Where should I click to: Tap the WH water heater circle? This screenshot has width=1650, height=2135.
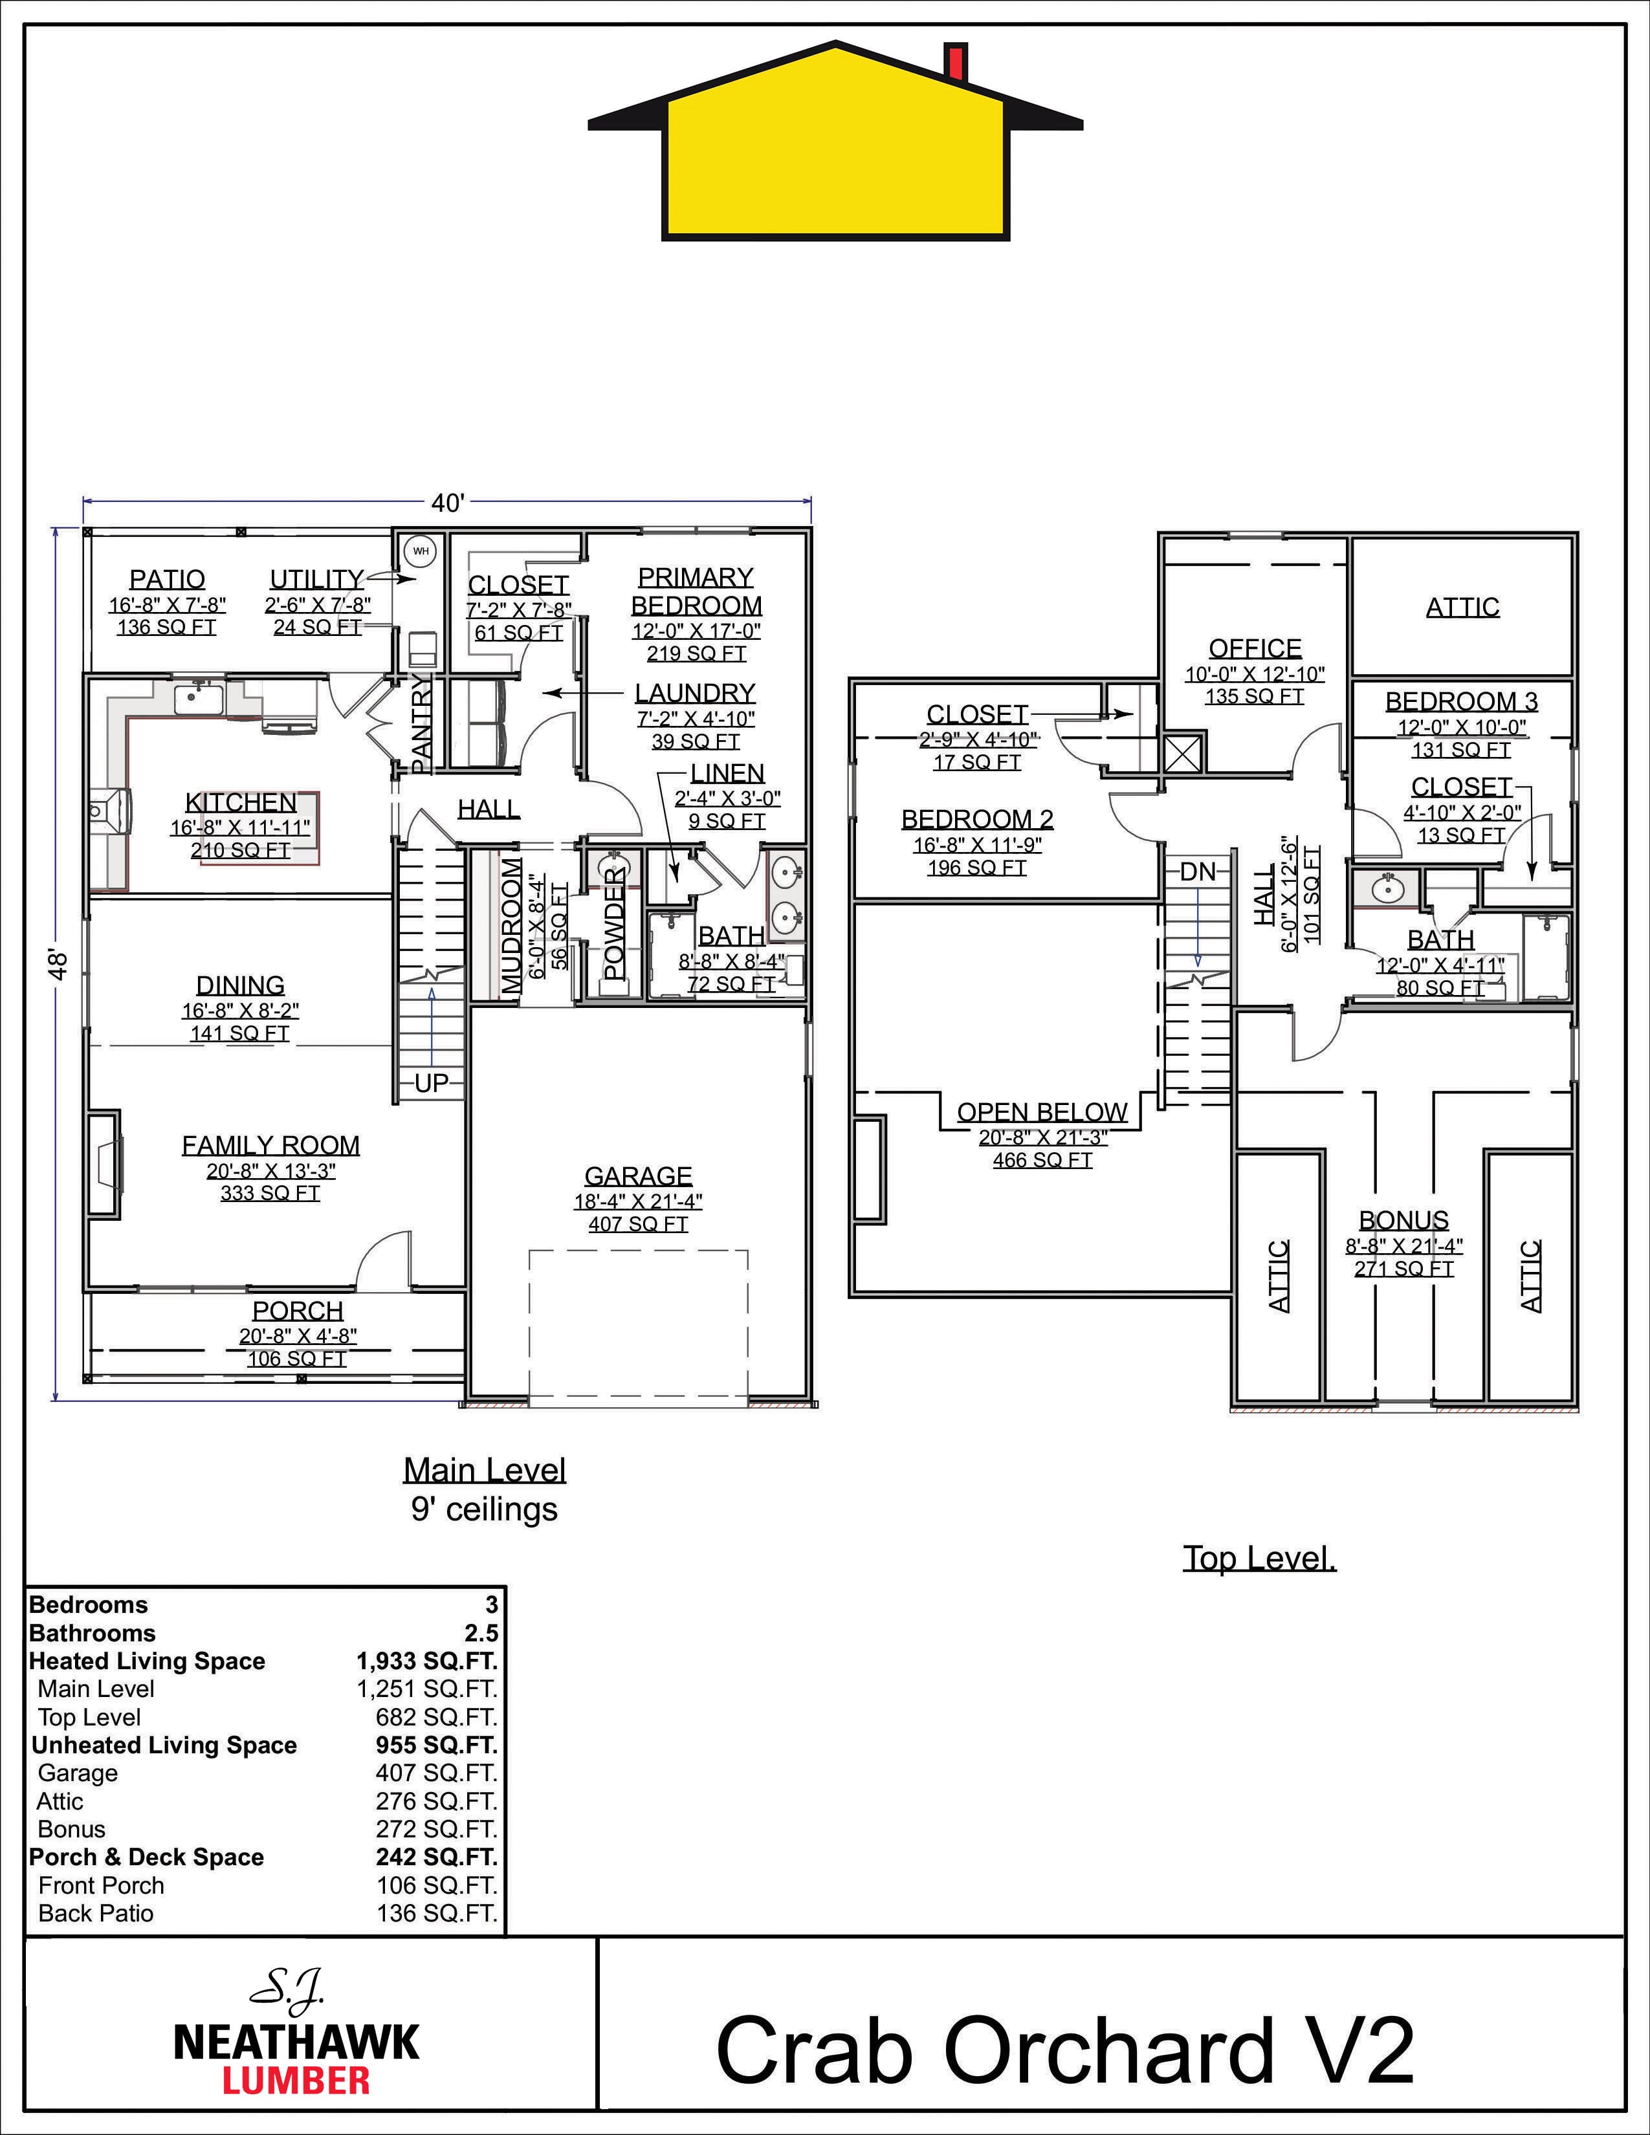421,551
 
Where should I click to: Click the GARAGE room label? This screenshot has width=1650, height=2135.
638,1176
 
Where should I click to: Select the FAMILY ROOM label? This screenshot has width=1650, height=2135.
270,1144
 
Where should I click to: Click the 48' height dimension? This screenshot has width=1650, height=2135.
60,964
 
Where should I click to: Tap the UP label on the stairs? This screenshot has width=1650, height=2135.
431,1083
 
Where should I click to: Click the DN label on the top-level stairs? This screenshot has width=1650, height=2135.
1198,872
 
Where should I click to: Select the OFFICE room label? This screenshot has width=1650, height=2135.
1255,648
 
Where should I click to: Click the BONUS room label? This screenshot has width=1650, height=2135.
1403,1220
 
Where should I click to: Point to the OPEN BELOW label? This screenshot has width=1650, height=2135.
1042,1113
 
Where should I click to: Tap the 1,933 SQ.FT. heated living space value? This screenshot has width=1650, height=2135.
427,1661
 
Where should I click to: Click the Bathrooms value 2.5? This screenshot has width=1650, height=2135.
482,1632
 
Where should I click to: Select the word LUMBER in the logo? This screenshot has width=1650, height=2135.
296,2080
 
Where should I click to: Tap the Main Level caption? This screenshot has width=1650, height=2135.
485,1471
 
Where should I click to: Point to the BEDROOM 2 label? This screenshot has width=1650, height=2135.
978,818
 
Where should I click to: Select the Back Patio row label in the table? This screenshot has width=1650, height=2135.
96,1913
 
